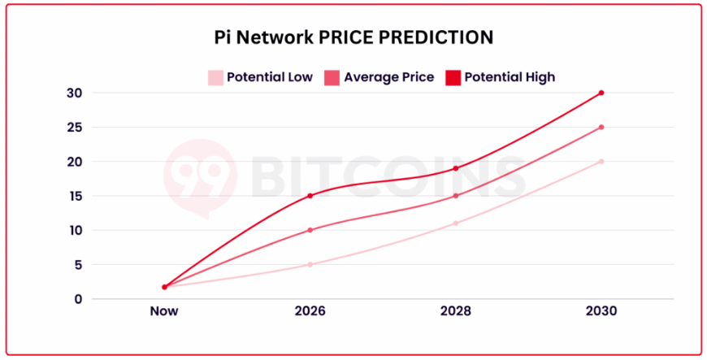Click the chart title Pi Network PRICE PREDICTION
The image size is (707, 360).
coord(353,37)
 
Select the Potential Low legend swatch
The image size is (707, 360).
coord(215,78)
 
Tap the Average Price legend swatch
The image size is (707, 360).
coord(332,78)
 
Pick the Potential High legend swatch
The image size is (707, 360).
coord(453,78)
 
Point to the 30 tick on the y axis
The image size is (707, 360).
coord(74,93)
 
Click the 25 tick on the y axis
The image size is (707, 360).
coord(74,127)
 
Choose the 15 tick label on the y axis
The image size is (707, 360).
coord(74,196)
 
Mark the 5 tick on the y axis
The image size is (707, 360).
coord(77,264)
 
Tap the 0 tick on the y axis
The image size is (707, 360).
coord(77,299)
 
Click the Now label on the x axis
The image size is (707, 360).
coord(164,311)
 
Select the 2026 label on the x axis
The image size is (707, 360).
coord(310,311)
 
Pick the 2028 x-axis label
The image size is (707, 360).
coord(455,311)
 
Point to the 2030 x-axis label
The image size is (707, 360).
coord(601,311)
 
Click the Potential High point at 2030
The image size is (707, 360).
coord(601,93)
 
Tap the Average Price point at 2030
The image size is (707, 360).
coord(601,127)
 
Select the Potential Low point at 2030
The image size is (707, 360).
coord(601,162)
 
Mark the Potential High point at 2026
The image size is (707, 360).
coord(310,196)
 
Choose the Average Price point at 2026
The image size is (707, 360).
coord(310,230)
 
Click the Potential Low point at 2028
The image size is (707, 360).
coord(456,223)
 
